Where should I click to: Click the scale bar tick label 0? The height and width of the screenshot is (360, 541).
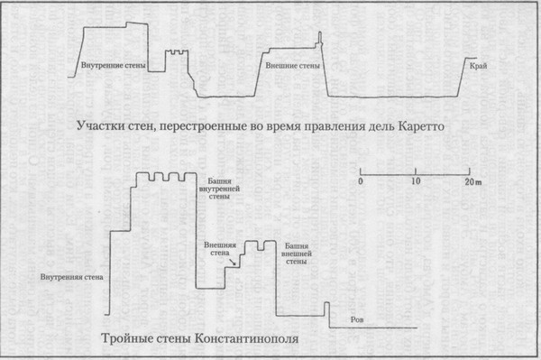point(360,182)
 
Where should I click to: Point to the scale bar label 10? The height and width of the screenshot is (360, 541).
point(416,182)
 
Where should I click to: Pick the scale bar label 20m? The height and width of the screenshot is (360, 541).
point(472,182)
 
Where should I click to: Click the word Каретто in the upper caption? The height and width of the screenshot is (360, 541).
point(420,127)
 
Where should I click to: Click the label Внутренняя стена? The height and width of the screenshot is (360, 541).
point(68,276)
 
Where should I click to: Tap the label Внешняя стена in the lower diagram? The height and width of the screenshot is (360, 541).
point(216,250)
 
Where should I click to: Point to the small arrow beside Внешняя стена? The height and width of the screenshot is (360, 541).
point(236,263)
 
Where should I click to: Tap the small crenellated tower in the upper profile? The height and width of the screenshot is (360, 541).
point(177,60)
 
